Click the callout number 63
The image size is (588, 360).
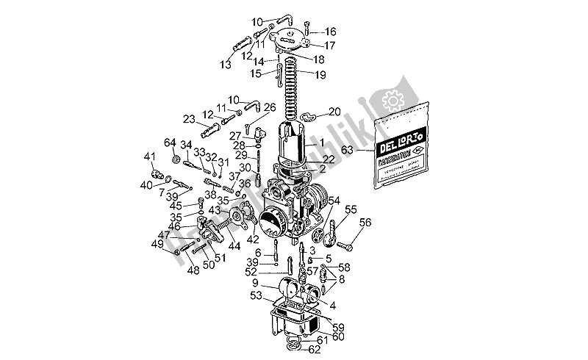pyautogui.click(x=347, y=150)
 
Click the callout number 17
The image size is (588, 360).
pyautogui.click(x=330, y=46)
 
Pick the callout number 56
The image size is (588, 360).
pyautogui.click(x=365, y=223)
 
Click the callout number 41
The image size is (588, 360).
pyautogui.click(x=149, y=156)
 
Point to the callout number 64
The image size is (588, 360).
pyautogui.click(x=170, y=143)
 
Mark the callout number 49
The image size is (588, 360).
pyautogui.click(x=157, y=244)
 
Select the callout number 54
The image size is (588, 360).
pyautogui.click(x=334, y=201)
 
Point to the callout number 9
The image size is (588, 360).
pyautogui.click(x=255, y=284)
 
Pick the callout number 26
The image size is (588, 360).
pyautogui.click(x=270, y=107)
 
